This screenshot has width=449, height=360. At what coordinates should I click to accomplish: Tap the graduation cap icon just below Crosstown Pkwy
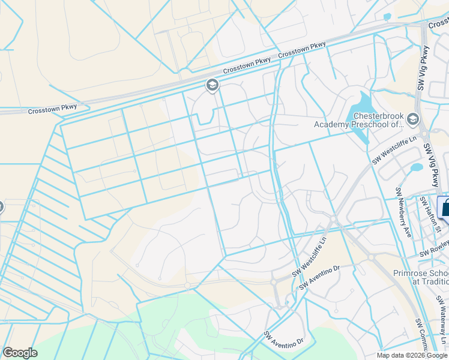tap(211, 85)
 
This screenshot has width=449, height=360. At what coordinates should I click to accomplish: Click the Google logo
tap(20, 353)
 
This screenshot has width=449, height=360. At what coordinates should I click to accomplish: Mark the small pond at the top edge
tap(387, 17)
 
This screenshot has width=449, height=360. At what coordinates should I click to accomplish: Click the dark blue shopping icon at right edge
tap(445, 208)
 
